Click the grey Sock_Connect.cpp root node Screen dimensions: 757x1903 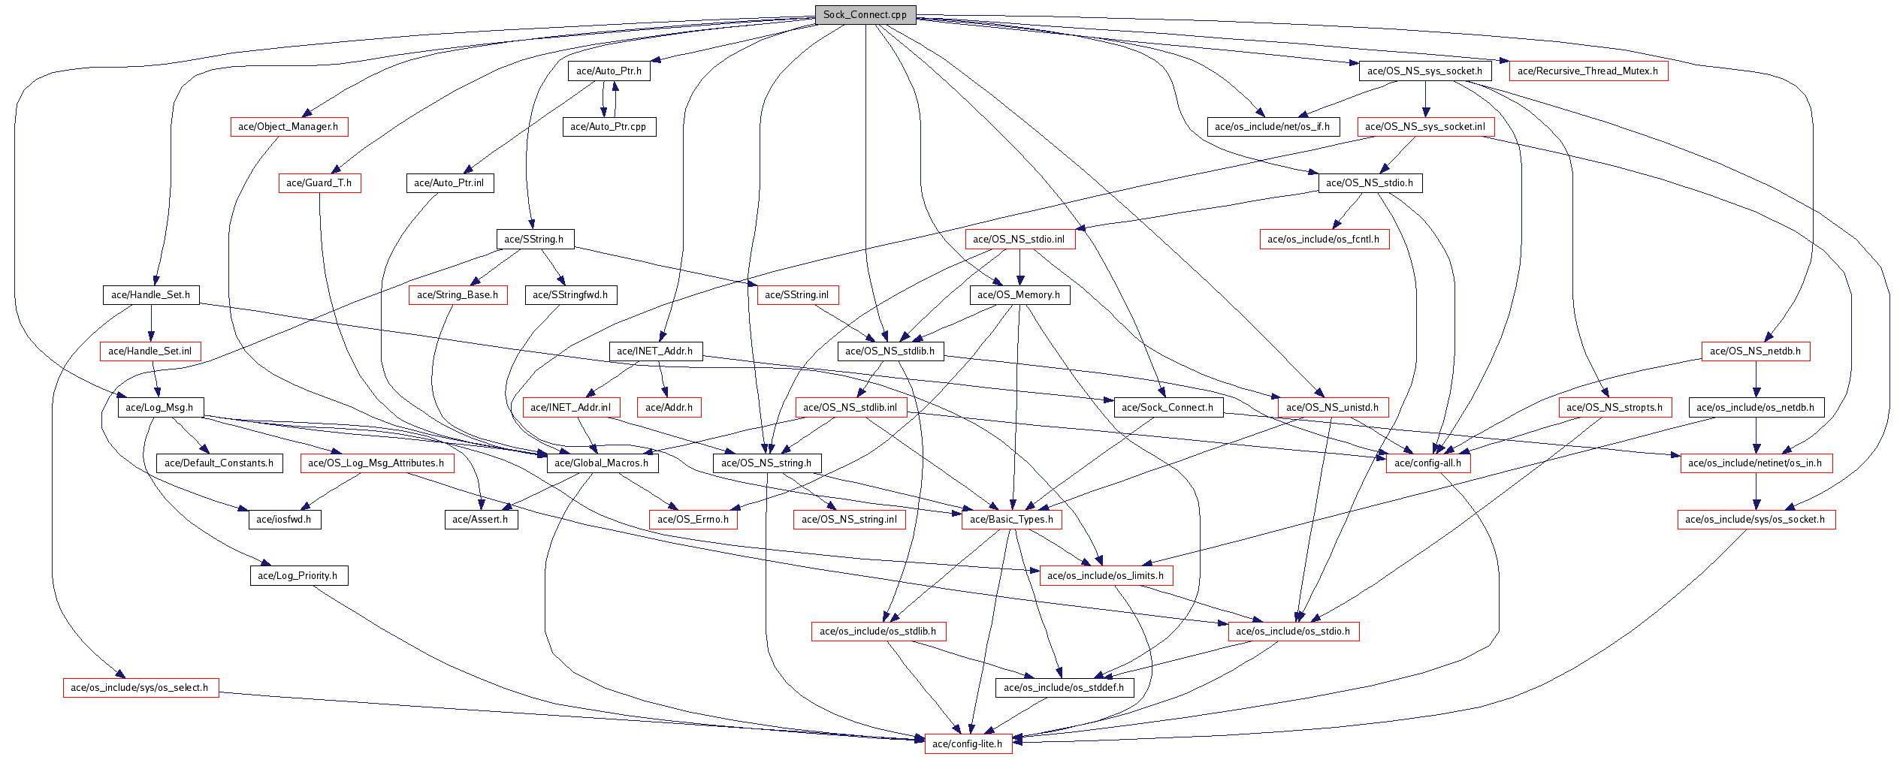(x=865, y=14)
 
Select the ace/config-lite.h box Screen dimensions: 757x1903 (x=967, y=743)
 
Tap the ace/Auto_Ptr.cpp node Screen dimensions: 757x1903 (x=609, y=126)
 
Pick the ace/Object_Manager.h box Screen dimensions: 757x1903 (x=288, y=126)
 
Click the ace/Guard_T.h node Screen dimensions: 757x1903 (x=319, y=182)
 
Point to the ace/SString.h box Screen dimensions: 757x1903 (x=534, y=239)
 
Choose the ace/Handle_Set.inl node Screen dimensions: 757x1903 (x=150, y=351)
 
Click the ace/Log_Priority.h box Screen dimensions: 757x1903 (x=298, y=575)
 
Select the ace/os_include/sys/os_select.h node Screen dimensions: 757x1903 (x=140, y=687)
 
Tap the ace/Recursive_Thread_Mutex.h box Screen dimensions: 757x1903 (x=1587, y=71)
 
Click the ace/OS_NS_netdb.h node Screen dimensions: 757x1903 (x=1755, y=351)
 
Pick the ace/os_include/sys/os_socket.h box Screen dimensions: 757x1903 (x=1756, y=519)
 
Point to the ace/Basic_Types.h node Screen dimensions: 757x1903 (x=1011, y=519)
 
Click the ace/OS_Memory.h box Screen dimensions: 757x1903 (x=1019, y=294)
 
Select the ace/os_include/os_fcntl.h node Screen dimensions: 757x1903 (x=1324, y=239)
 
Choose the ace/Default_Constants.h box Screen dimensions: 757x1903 (x=219, y=463)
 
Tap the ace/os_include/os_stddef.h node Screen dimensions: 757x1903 (x=1064, y=687)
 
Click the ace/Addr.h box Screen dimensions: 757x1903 (x=669, y=407)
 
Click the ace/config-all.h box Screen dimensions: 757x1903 (x=1427, y=463)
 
